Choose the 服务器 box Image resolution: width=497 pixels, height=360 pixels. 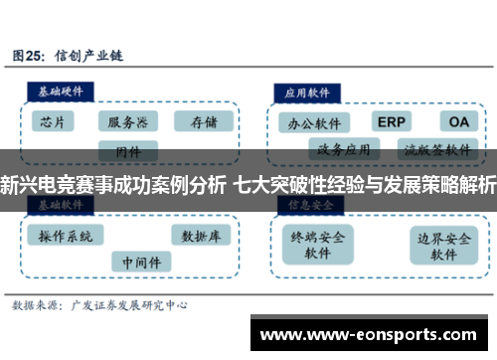128,122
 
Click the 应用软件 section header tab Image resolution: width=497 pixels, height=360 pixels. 309,90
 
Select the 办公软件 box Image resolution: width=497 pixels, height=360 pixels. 314,124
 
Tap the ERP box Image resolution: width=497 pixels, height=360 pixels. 393,121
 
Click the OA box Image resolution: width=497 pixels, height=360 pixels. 458,121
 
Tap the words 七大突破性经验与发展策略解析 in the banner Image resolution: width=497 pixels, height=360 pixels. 365,184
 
